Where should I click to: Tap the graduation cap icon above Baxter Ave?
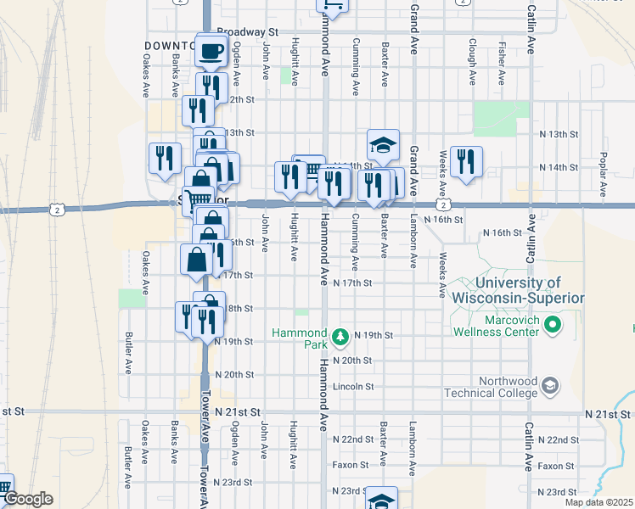point(383,145)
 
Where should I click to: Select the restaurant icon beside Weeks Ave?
point(466,161)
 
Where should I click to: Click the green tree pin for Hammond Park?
point(340,337)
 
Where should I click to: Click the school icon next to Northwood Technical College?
point(549,386)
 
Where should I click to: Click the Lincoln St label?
point(353,386)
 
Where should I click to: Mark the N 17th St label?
point(352,283)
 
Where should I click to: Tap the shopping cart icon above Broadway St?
point(332,7)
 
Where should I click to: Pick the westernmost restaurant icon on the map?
point(165,158)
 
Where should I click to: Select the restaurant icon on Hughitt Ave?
point(289,176)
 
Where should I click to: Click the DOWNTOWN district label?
point(170,44)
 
